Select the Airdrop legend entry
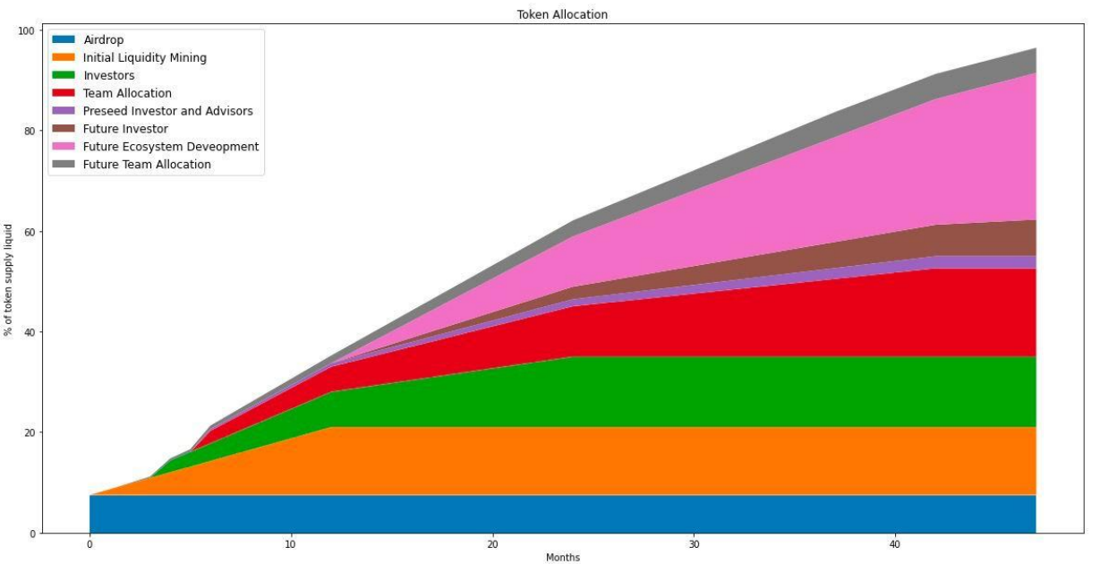pyautogui.click(x=103, y=40)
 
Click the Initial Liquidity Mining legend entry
pyautogui.click(x=144, y=58)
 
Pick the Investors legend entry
pyautogui.click(x=108, y=76)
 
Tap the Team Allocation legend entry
pyautogui.click(x=127, y=93)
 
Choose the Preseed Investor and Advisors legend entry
pyautogui.click(x=167, y=111)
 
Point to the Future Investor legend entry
pyautogui.click(x=125, y=129)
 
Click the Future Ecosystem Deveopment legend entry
pyautogui.click(x=171, y=147)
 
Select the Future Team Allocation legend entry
pyautogui.click(x=147, y=165)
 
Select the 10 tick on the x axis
pyautogui.click(x=291, y=543)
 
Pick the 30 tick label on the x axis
pyautogui.click(x=694, y=543)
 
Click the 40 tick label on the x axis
pyautogui.click(x=895, y=543)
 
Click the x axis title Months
pyautogui.click(x=562, y=558)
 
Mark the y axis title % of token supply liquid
pyautogui.click(x=8, y=280)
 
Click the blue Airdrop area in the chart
pyautogui.click(x=537, y=514)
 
